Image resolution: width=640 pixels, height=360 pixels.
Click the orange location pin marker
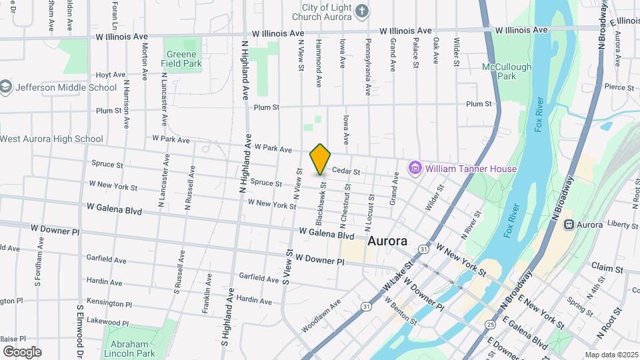tap(321, 159)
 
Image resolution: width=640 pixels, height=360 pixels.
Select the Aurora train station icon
tap(569, 225)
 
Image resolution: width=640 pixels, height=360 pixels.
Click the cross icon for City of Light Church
tap(361, 11)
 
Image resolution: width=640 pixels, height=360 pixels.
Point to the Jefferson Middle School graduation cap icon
tap(6, 87)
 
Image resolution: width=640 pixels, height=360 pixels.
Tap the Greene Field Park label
tap(181, 59)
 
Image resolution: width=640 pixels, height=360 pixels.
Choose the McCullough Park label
tap(507, 71)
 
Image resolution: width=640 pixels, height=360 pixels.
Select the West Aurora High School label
tap(52, 139)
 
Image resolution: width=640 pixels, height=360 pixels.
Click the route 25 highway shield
tap(491, 325)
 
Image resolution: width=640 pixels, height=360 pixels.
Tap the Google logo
tap(22, 351)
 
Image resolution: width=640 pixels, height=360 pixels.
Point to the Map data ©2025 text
tap(611, 355)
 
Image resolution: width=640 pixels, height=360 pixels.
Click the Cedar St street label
tap(346, 171)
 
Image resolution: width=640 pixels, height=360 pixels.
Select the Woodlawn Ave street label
tap(321, 315)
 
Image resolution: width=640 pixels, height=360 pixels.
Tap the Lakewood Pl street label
tap(107, 323)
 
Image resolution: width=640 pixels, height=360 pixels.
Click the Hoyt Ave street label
tap(111, 75)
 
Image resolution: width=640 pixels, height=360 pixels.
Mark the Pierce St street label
tap(618, 87)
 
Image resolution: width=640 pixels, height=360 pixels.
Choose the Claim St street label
tap(607, 267)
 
